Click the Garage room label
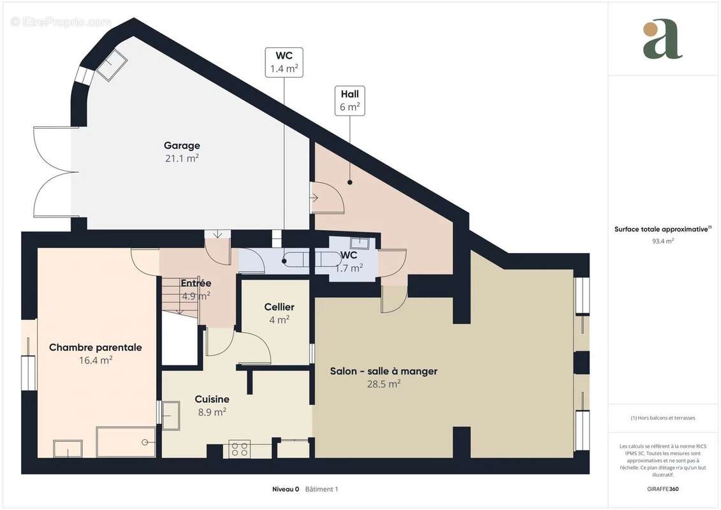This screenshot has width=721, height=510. pyautogui.click(x=182, y=145)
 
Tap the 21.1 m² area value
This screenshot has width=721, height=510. pyautogui.click(x=182, y=159)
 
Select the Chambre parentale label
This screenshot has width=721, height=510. pyautogui.click(x=95, y=347)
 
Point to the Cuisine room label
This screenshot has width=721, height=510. pyautogui.click(x=212, y=399)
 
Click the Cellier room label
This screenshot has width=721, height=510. pyautogui.click(x=279, y=307)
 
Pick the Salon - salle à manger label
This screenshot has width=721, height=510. pyautogui.click(x=383, y=371)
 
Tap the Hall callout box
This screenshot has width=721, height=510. pyautogui.click(x=349, y=101)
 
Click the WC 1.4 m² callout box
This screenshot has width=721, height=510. pyautogui.click(x=284, y=62)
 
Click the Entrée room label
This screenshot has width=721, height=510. pyautogui.click(x=196, y=283)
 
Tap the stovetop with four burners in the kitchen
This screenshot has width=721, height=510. pyautogui.click(x=240, y=449)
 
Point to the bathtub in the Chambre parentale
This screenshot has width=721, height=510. pyautogui.click(x=125, y=442)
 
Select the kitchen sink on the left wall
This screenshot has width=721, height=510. pyautogui.click(x=170, y=416)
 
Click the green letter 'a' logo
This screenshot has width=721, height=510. pyautogui.click(x=662, y=39)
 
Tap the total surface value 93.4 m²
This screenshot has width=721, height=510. pyautogui.click(x=663, y=242)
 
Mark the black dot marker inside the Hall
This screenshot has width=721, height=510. pyautogui.click(x=349, y=183)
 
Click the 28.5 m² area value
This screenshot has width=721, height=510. pyautogui.click(x=383, y=384)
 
